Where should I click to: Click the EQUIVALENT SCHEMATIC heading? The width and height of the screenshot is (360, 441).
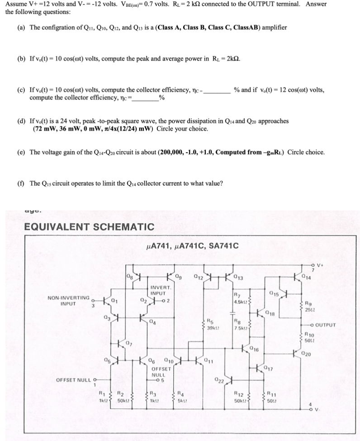pos(89,226)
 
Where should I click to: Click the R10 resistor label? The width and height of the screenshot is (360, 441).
pos(309,336)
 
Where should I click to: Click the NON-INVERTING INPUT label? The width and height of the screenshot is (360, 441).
pos(68,300)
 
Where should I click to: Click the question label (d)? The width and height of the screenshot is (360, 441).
pos(21,121)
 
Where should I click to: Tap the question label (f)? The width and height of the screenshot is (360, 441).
pos(21,183)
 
